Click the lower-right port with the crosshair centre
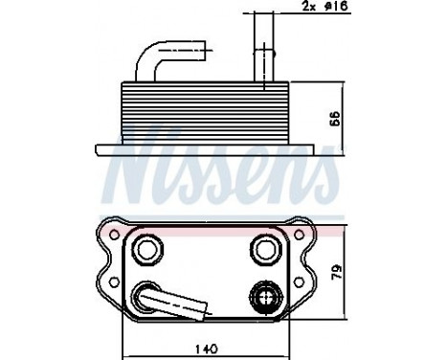265,298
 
